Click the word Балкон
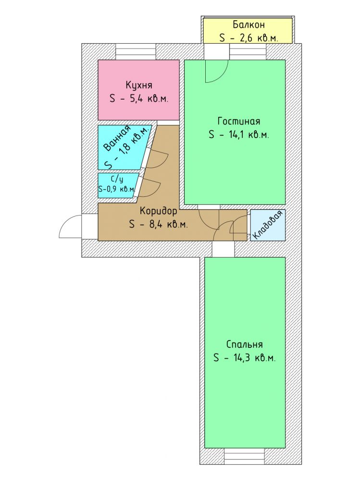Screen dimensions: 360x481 point(248,25)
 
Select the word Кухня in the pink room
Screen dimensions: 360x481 point(138,85)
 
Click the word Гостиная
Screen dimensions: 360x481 point(238,121)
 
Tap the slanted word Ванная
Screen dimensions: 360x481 point(117,139)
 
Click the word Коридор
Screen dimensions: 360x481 point(158,211)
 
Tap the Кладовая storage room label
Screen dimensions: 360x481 point(267,226)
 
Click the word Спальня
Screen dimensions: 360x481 point(244,344)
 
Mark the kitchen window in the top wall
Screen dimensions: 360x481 point(136,51)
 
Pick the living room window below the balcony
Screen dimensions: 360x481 point(248,51)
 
